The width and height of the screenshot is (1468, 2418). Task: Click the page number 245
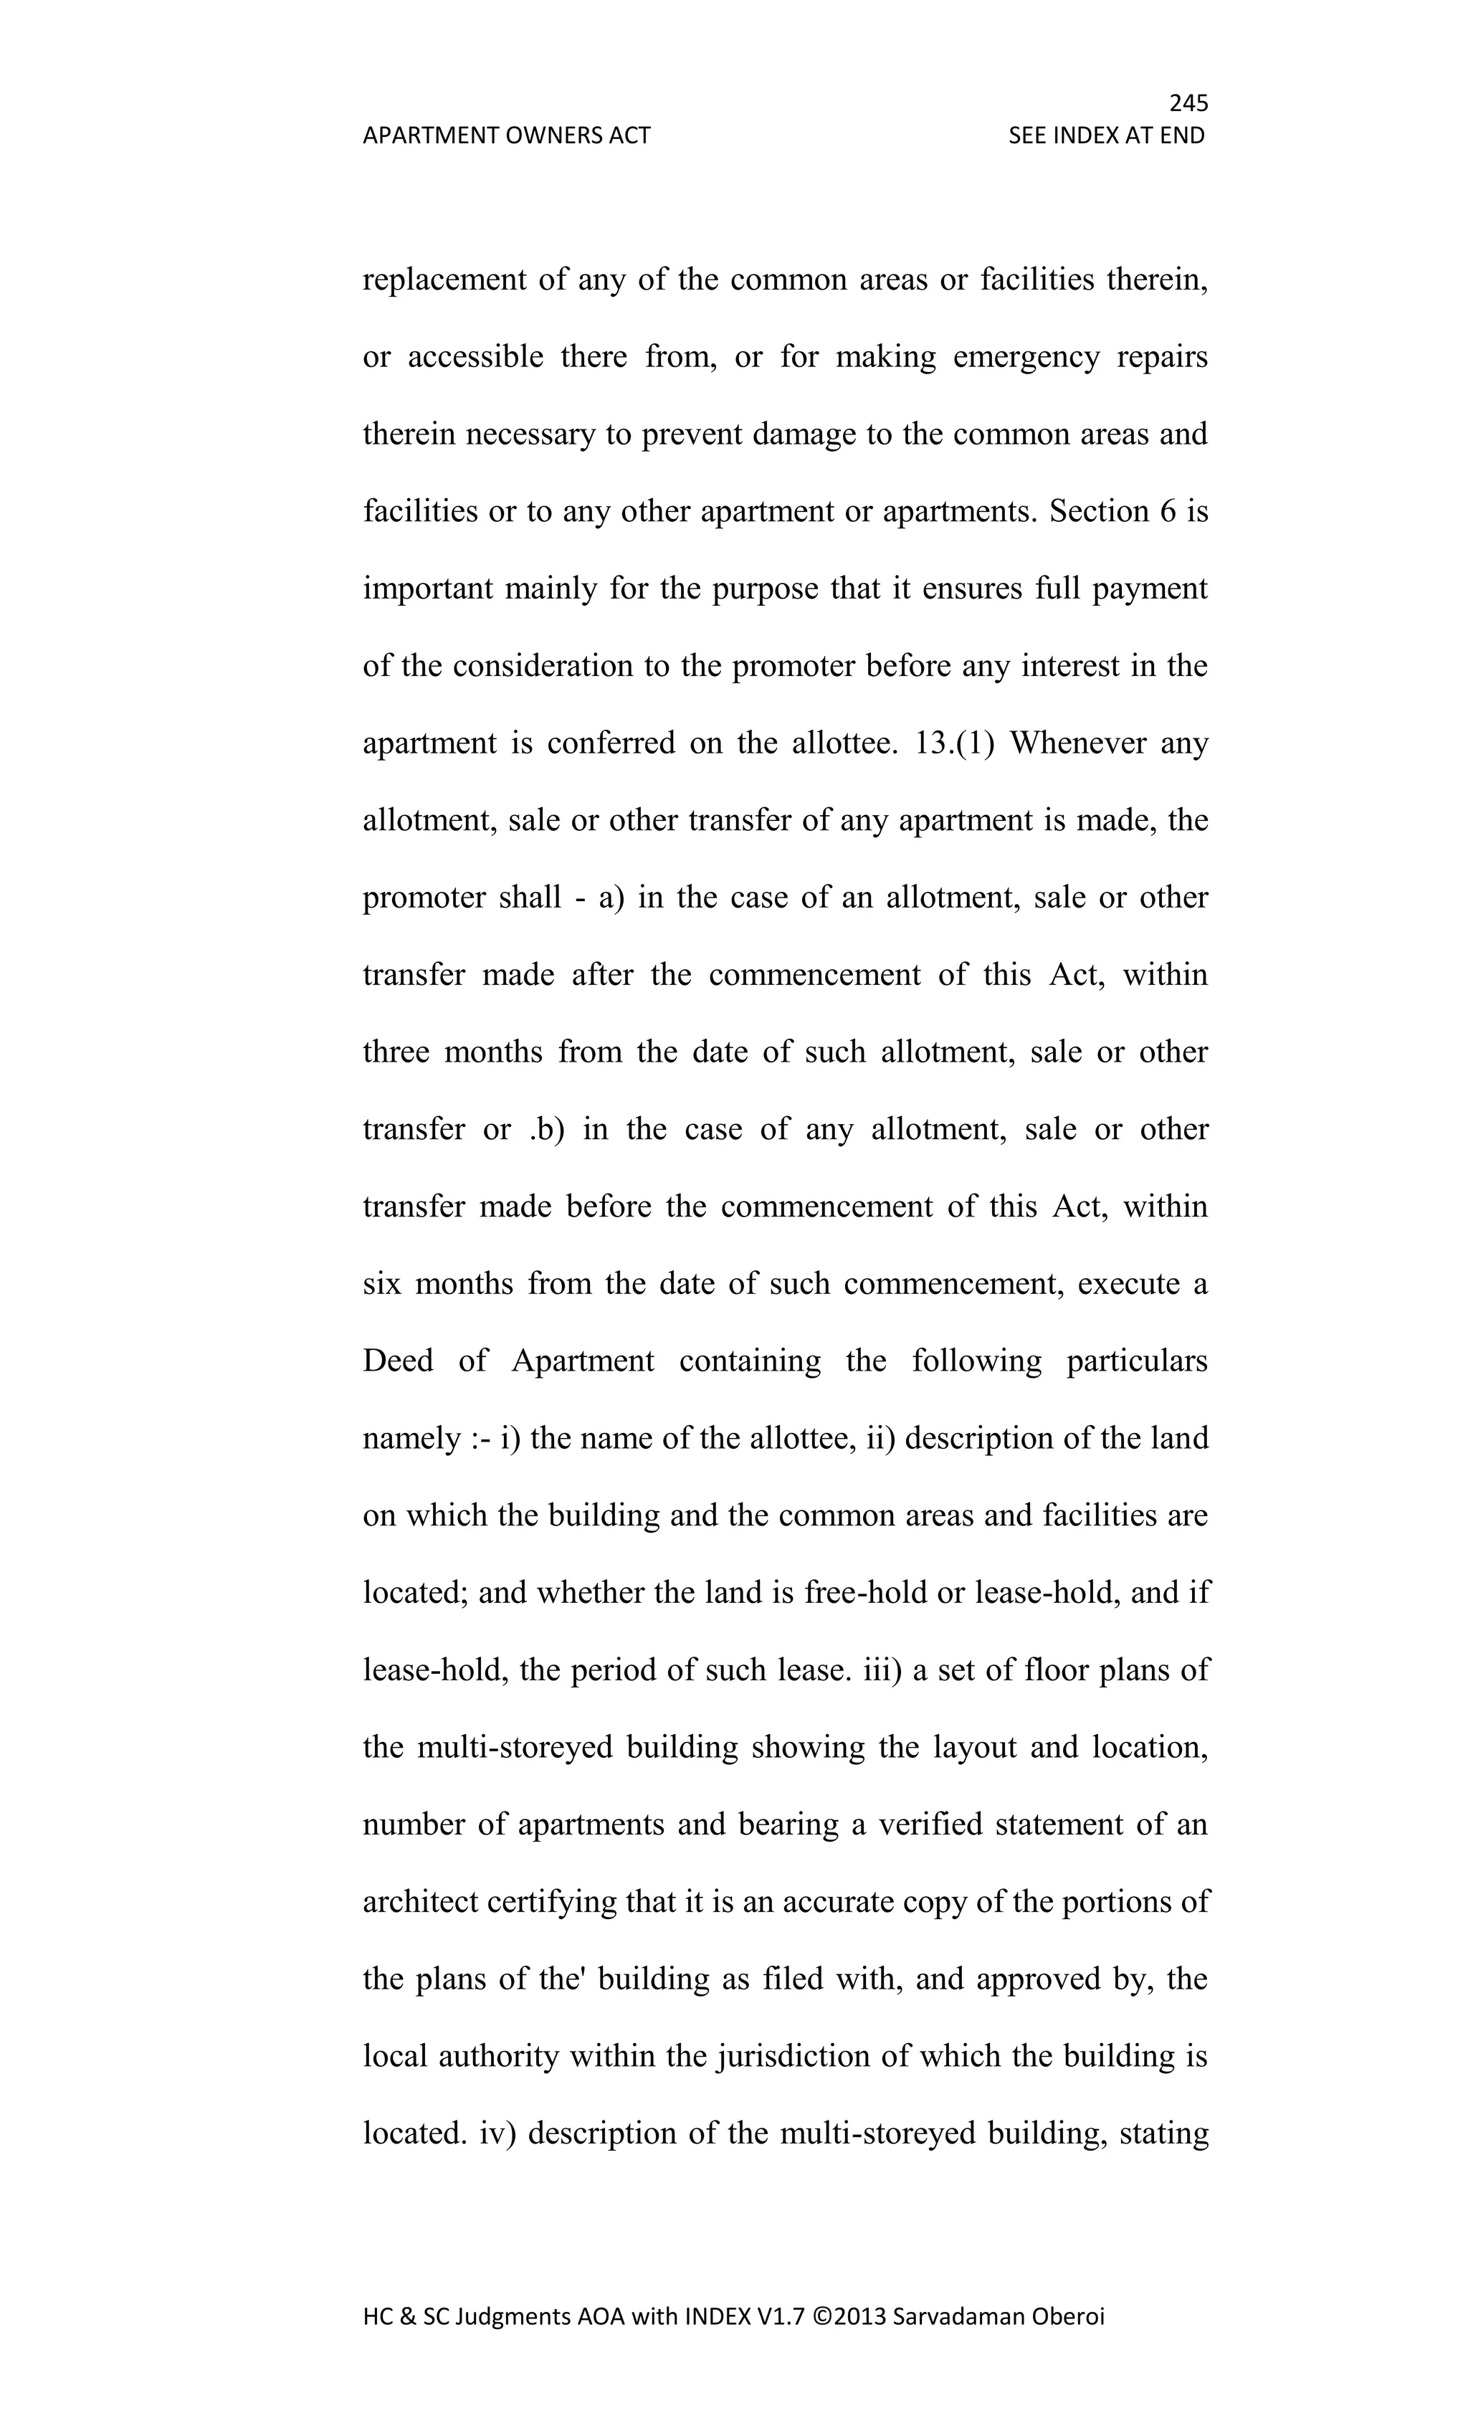[x=1188, y=103]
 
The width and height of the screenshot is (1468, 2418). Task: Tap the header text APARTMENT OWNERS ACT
[x=506, y=135]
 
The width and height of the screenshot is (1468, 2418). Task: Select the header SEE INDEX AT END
[x=1106, y=135]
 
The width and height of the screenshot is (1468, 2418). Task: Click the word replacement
[x=444, y=281]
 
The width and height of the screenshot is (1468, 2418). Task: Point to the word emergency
[x=1026, y=357]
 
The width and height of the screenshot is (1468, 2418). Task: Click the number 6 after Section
[x=1167, y=511]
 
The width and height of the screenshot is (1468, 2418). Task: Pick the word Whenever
[x=1077, y=743]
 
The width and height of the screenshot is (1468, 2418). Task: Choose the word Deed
[x=397, y=1361]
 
